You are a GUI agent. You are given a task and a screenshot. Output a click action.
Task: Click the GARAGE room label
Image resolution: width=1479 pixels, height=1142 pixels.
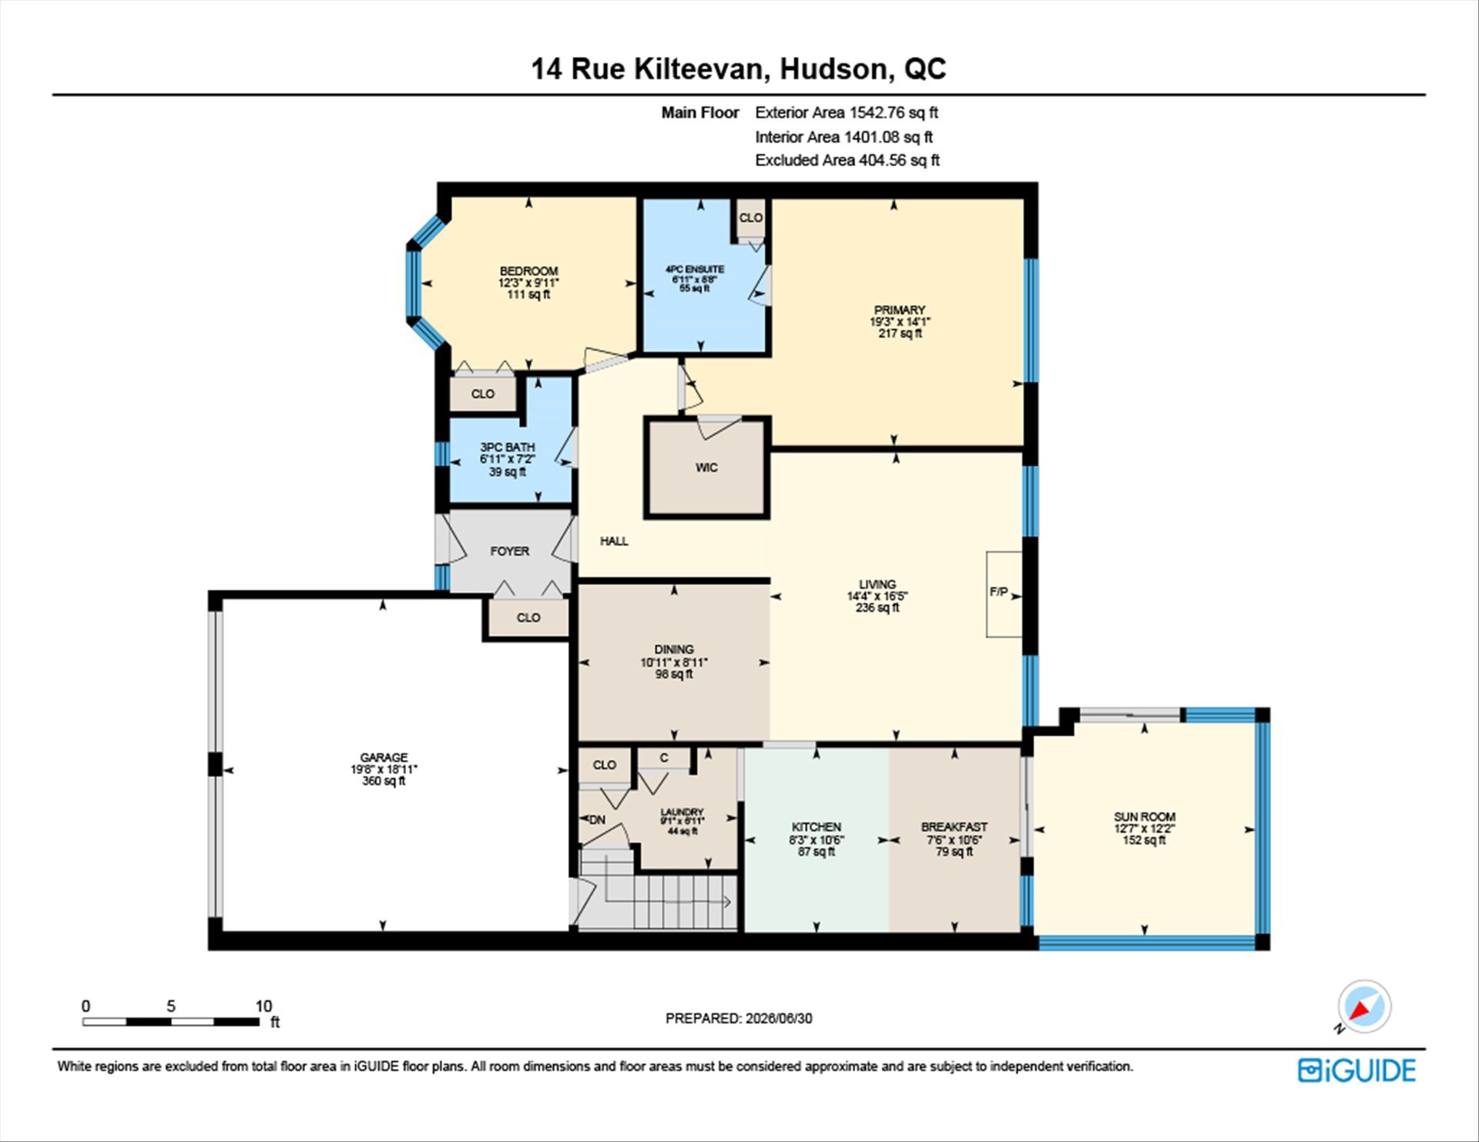click(384, 757)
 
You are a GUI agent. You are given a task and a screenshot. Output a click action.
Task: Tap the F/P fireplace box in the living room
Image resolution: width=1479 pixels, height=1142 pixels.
click(1004, 594)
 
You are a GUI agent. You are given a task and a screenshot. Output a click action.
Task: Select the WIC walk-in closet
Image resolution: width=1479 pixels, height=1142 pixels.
click(707, 467)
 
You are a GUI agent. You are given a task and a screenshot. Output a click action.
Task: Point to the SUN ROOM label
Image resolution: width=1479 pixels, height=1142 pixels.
click(1144, 816)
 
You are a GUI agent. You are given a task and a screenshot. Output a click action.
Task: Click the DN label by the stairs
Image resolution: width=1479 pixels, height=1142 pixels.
click(597, 820)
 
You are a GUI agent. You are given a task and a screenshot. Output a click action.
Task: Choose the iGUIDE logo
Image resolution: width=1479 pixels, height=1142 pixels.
click(1357, 1070)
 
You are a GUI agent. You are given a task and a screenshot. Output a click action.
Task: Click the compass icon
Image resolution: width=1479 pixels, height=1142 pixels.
click(1364, 1006)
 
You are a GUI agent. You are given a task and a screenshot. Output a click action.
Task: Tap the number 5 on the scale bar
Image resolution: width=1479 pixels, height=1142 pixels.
click(171, 1006)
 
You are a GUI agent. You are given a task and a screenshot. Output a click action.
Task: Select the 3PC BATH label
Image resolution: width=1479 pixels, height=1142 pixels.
click(507, 447)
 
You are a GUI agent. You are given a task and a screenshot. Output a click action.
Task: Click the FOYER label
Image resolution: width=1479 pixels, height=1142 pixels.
click(510, 551)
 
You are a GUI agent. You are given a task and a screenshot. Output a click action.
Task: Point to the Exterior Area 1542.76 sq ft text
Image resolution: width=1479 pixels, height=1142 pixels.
click(847, 112)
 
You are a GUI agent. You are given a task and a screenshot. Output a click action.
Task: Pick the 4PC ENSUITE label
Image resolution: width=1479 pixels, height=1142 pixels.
click(695, 270)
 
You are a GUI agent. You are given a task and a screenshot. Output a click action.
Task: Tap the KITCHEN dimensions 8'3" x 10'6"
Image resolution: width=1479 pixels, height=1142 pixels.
click(817, 840)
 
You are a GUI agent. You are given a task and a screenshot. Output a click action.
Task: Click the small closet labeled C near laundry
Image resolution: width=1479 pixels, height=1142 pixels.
click(664, 759)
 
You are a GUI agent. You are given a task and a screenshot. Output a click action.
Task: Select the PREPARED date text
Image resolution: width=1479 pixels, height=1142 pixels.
click(739, 1018)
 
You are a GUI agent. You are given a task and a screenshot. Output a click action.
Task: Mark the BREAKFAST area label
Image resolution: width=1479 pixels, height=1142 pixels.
click(954, 827)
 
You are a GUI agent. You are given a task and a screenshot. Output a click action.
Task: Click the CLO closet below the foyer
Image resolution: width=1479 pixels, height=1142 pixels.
click(528, 618)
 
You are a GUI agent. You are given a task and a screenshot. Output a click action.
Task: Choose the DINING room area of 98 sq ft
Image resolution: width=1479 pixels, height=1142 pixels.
click(674, 675)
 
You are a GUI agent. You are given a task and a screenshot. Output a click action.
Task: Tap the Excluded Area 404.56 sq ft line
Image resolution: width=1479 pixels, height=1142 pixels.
click(847, 160)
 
